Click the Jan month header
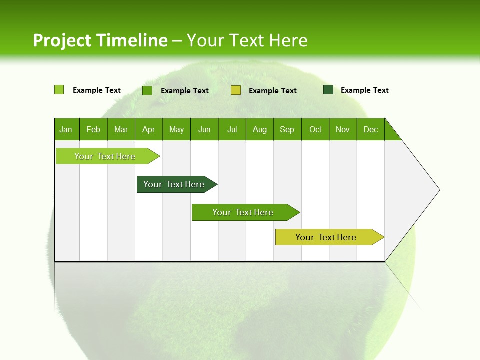click(66, 129)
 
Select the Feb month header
click(93, 129)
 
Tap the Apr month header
click(148, 129)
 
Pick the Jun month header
click(204, 129)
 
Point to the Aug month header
click(260, 129)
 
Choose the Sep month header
click(287, 129)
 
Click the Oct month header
click(315, 129)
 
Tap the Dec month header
click(371, 129)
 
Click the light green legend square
click(59, 90)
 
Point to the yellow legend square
click(236, 90)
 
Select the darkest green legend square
click(328, 90)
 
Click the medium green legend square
click(147, 90)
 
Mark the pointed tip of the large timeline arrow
click(438, 190)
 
